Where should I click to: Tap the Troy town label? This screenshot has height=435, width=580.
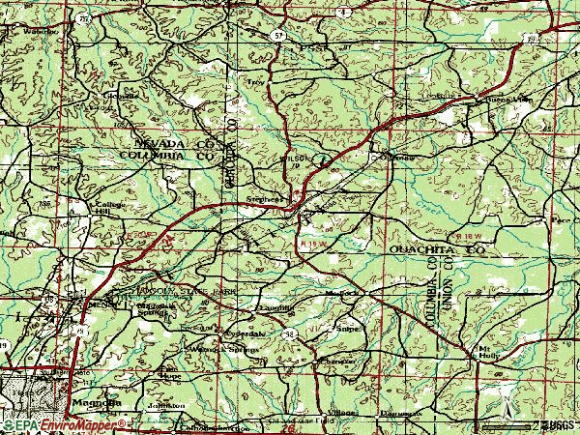coord(256,83)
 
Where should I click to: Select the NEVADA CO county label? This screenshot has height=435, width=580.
coord(163,141)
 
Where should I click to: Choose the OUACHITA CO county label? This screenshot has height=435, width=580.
coord(435,249)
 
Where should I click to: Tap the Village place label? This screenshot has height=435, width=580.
coord(342,411)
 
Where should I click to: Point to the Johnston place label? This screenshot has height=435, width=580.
coord(159,406)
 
